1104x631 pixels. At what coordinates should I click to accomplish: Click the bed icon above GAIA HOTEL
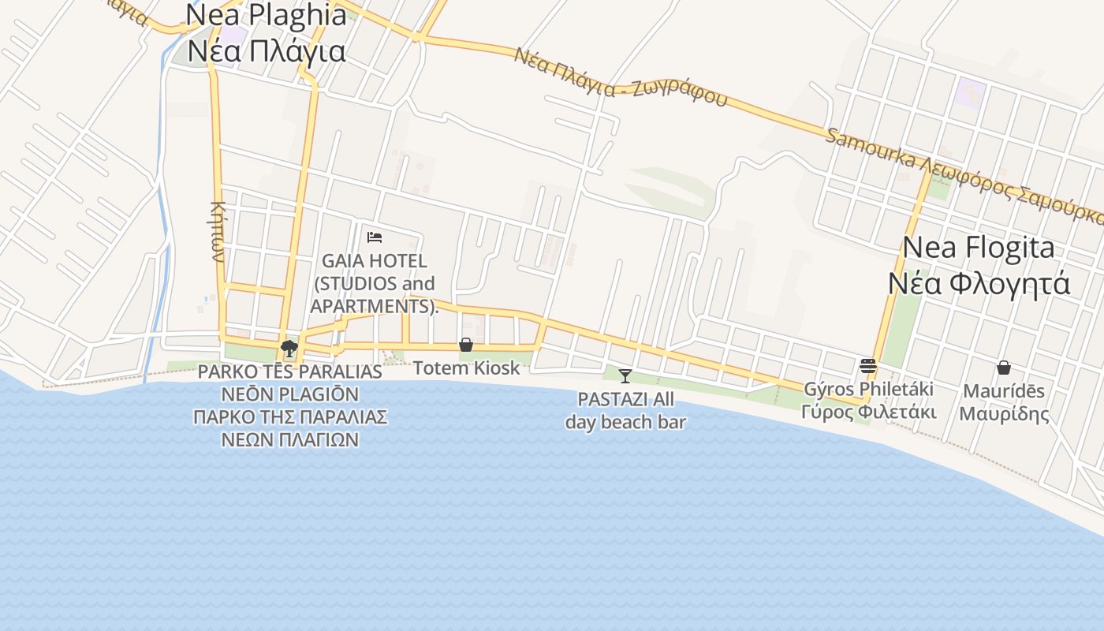pos(375,237)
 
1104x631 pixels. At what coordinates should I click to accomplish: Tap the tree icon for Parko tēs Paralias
pos(289,348)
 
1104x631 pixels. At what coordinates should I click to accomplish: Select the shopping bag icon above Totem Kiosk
pos(466,345)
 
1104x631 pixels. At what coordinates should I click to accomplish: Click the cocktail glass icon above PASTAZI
pos(625,375)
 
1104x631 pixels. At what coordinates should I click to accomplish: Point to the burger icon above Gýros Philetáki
pos(868,365)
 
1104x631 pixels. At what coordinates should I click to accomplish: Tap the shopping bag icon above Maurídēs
pos(1004,367)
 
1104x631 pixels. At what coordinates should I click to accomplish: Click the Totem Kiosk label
pos(466,368)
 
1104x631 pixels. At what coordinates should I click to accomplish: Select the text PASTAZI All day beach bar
pos(625,410)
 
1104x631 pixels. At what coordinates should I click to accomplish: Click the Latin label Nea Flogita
pos(978,248)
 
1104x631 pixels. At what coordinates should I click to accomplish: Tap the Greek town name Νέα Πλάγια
pos(267,51)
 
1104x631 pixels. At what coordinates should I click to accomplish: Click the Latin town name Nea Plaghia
pos(267,16)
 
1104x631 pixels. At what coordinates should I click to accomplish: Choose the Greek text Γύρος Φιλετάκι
pos(868,412)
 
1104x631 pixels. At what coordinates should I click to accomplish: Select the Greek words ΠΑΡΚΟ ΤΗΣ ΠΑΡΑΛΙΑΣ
pos(289,416)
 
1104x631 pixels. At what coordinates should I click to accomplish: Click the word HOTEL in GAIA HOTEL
pos(399,261)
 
